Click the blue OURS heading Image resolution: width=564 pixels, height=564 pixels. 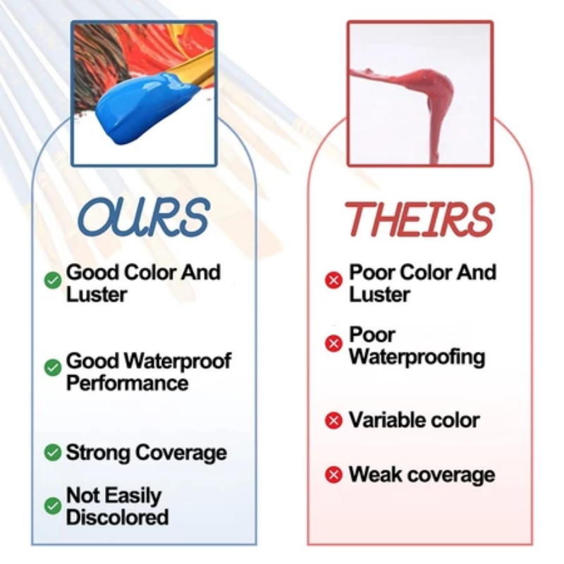pyautogui.click(x=143, y=217)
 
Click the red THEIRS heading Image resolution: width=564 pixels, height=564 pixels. pyautogui.click(x=419, y=219)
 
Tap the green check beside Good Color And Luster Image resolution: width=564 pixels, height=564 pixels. pyautogui.click(x=53, y=280)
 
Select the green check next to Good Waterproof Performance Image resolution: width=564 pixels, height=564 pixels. pyautogui.click(x=53, y=367)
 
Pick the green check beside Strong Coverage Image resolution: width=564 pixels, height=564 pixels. pyautogui.click(x=53, y=452)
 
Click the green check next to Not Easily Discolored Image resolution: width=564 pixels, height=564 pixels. pyautogui.click(x=53, y=505)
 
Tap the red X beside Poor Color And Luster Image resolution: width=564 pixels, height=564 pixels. pyautogui.click(x=333, y=280)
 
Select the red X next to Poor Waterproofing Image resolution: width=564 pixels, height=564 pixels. pyautogui.click(x=333, y=343)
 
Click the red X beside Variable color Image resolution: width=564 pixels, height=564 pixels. pyautogui.click(x=333, y=420)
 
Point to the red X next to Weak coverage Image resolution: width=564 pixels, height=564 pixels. pyautogui.click(x=333, y=474)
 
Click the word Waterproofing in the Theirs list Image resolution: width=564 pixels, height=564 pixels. pyautogui.click(x=417, y=357)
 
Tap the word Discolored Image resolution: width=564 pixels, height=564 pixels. pyautogui.click(x=117, y=517)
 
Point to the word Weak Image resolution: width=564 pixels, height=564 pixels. pyautogui.click(x=376, y=474)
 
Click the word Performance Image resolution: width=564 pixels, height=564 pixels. pyautogui.click(x=128, y=382)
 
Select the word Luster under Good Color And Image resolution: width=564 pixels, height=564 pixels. pyautogui.click(x=97, y=294)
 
